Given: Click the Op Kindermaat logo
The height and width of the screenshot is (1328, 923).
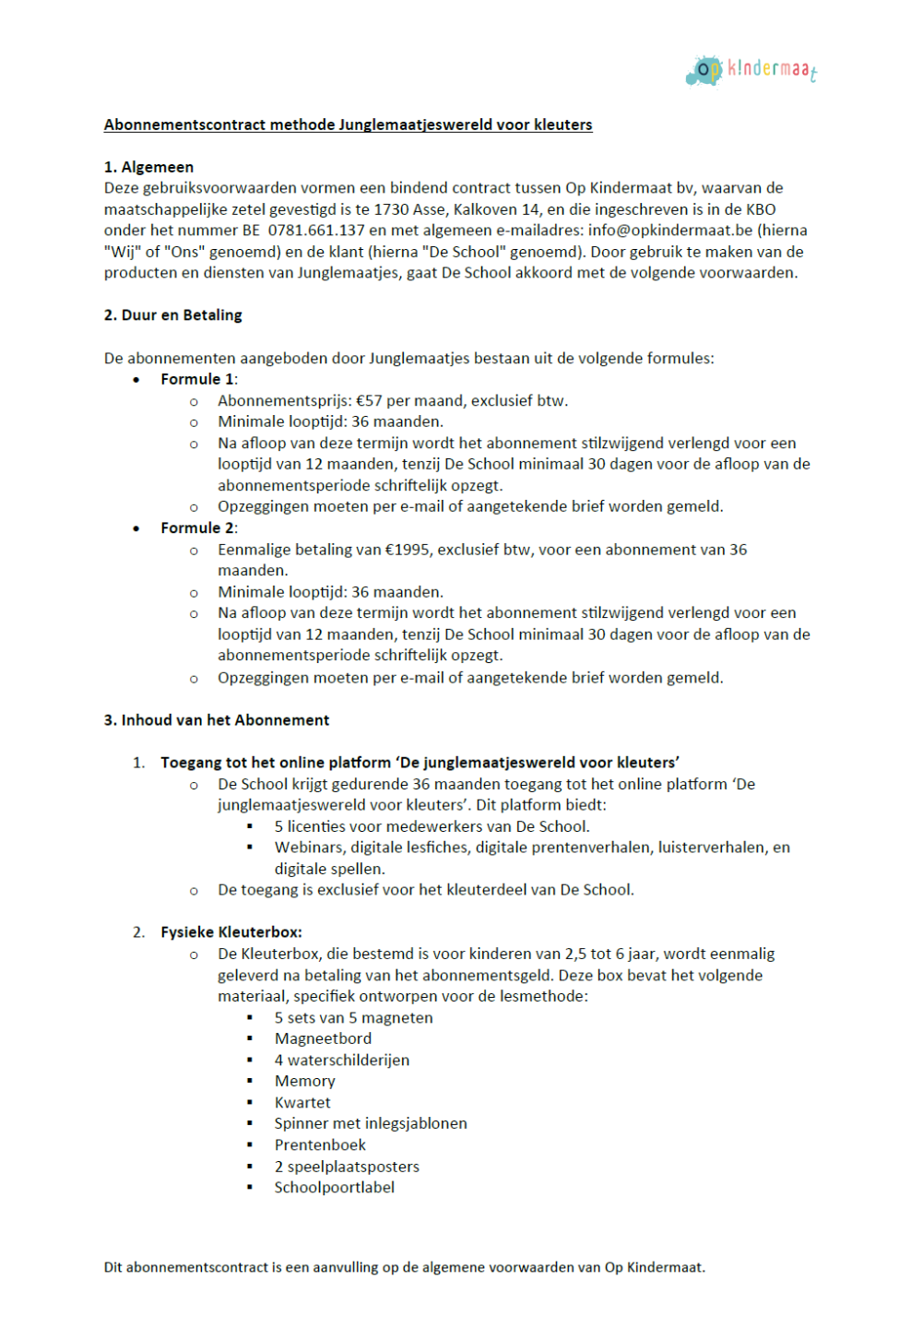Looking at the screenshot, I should click(x=751, y=70).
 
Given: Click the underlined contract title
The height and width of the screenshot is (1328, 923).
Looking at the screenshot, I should click(x=348, y=125).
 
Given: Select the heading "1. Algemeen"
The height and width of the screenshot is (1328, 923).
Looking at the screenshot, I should click(x=148, y=167).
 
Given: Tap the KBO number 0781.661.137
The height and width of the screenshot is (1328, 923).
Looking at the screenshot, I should click(x=316, y=231).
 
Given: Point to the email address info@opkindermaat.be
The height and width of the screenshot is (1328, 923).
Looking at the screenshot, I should click(x=670, y=231).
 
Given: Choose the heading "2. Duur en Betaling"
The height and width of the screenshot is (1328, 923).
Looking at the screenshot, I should click(x=172, y=315).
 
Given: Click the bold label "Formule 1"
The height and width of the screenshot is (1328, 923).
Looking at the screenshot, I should click(x=197, y=379).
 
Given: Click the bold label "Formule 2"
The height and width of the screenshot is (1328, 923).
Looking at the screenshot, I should click(x=197, y=528).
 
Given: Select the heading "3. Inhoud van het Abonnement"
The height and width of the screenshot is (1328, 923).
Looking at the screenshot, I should click(x=216, y=720).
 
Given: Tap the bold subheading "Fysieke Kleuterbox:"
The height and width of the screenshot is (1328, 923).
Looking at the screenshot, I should click(x=231, y=932).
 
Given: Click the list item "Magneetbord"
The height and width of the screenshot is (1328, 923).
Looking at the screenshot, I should click(x=323, y=1038).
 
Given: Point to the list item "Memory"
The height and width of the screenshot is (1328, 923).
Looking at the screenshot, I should click(x=304, y=1081).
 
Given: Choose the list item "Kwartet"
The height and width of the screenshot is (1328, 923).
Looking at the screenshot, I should click(x=302, y=1102).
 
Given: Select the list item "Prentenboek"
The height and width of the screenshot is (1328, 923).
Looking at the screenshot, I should click(x=320, y=1144).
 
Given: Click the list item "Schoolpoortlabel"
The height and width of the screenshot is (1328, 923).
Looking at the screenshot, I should click(x=334, y=1187).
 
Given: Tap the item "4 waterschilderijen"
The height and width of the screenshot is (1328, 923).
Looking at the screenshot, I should click(x=341, y=1061).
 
